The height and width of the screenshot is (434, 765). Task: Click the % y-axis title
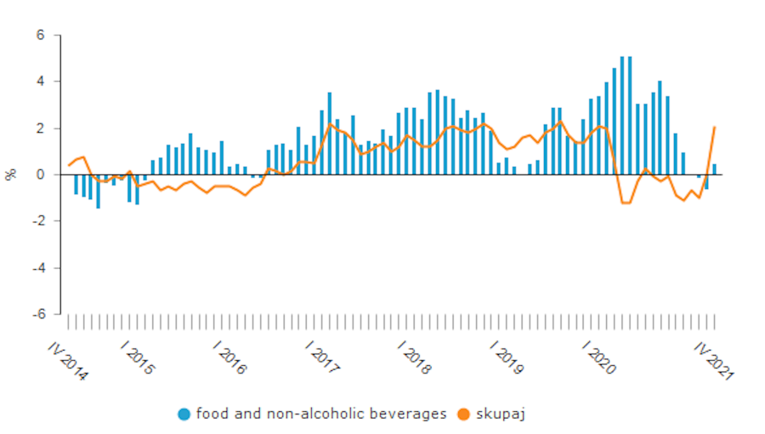[x=11, y=174]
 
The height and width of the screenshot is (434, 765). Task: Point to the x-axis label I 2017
[x=324, y=357]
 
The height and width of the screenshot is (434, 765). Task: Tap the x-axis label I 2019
[x=507, y=357]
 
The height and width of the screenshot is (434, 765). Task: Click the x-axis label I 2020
[x=599, y=357]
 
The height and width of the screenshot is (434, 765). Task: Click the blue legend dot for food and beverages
[x=184, y=414]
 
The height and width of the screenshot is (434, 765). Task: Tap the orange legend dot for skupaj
[x=463, y=414]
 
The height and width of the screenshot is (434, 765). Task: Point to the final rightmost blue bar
[x=714, y=169]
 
